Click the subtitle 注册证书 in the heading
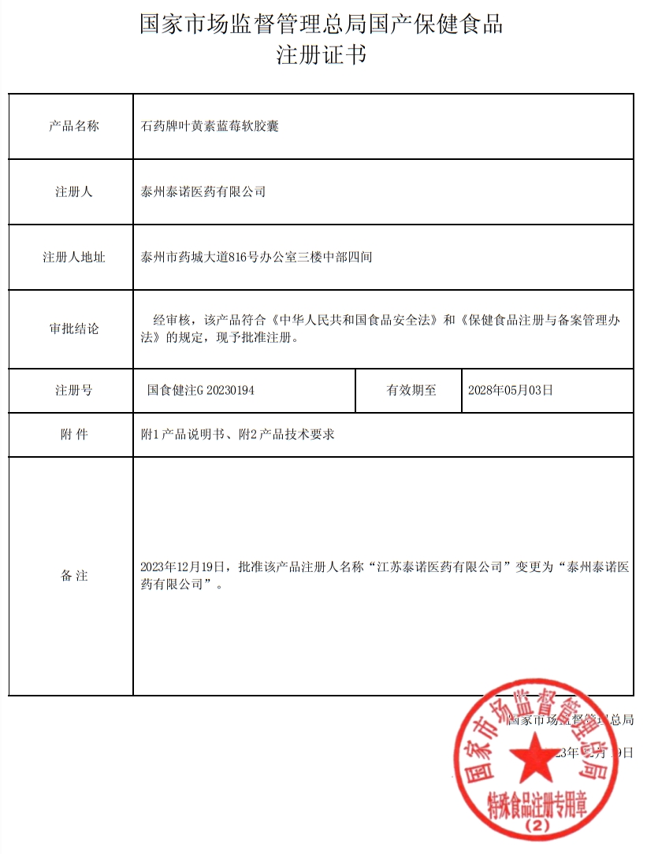(321, 56)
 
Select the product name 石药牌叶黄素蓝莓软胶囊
(210, 126)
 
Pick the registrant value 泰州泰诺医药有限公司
(203, 191)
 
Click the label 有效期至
(411, 390)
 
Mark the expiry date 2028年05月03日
(511, 390)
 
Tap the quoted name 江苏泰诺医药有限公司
(440, 566)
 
